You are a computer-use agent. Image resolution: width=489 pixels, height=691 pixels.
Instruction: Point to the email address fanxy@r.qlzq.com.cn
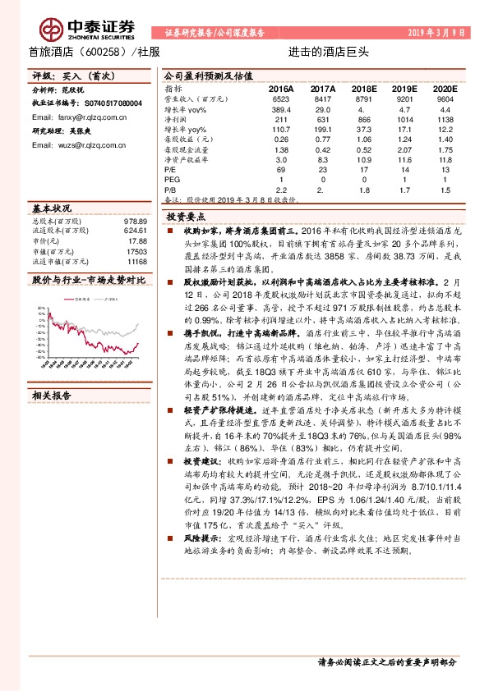pyautogui.click(x=72, y=117)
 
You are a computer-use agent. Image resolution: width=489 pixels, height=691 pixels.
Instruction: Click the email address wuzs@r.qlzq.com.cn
pyautogui.click(x=72, y=144)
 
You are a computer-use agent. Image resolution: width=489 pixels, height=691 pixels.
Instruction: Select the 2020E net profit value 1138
pyautogui.click(x=445, y=119)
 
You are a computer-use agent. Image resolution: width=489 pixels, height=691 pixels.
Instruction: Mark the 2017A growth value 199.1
pyautogui.click(x=322, y=130)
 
